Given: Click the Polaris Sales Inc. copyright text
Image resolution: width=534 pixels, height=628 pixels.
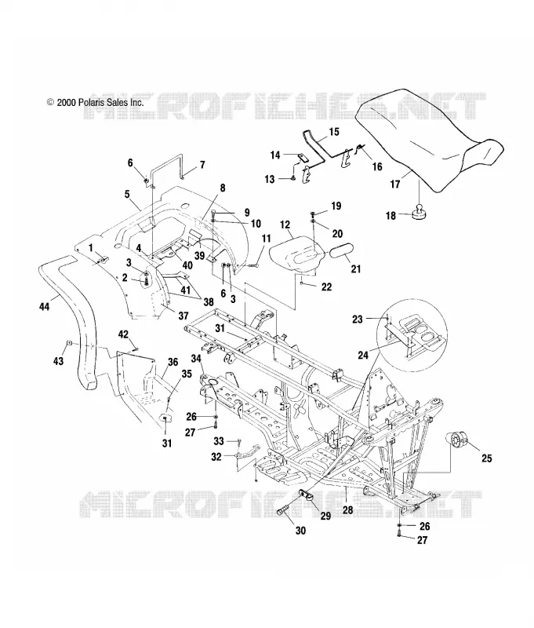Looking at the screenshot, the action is coord(95,103).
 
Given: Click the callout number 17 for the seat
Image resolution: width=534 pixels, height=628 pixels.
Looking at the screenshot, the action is coord(395,184).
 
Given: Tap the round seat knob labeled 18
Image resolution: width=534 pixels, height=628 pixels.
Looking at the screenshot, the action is coord(419,213).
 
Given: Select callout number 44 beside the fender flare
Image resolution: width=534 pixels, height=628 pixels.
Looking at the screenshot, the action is coord(44,307).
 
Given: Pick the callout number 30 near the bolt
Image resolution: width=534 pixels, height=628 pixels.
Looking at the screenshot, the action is coord(300,531).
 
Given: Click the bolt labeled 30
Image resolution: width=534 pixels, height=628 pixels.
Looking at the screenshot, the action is coord(285,513).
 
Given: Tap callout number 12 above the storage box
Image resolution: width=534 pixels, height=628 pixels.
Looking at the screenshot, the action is coord(285,225).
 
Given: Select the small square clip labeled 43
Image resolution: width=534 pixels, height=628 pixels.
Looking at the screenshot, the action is coord(69,342).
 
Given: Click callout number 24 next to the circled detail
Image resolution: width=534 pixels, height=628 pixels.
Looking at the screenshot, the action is coord(363,355).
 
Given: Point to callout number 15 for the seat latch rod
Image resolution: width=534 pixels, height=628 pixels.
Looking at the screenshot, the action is coord(333,132).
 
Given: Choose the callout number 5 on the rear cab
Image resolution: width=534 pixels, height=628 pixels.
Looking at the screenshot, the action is coord(127,194).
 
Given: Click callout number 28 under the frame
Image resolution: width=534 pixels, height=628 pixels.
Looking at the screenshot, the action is coord(348,509).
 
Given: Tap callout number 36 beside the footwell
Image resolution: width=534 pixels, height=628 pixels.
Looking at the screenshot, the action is coord(173,362).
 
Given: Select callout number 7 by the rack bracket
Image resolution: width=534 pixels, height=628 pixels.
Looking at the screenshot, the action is coord(202,165).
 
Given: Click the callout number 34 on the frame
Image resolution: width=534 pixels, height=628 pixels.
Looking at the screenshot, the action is coord(195,359).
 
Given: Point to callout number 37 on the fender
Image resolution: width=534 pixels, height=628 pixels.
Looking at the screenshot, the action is coord(183,316).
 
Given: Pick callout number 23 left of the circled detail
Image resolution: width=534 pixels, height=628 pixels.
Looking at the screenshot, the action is coord(358,319).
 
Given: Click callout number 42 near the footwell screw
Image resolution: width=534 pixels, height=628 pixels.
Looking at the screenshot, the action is coord(123,334).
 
